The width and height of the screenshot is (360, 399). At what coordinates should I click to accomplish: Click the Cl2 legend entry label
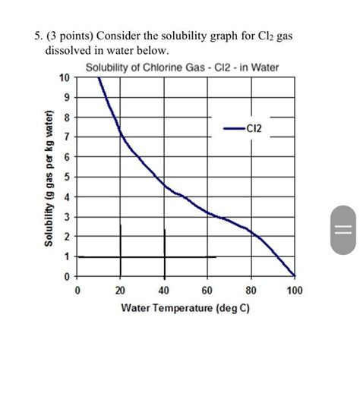click(x=253, y=129)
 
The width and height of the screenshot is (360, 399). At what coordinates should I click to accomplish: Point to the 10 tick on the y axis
click(x=64, y=77)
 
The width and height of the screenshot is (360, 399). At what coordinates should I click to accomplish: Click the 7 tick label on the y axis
click(x=66, y=137)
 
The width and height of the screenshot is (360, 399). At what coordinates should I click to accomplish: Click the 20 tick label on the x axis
click(x=120, y=290)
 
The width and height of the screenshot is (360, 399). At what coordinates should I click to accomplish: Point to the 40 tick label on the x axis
click(x=164, y=290)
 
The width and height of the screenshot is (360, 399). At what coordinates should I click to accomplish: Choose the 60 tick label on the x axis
click(x=207, y=290)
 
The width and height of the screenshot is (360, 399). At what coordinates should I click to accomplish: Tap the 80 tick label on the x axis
click(x=251, y=290)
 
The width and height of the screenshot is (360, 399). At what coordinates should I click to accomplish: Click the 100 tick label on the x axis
click(x=295, y=290)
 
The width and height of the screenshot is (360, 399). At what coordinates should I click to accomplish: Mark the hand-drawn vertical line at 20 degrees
click(x=120, y=250)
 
